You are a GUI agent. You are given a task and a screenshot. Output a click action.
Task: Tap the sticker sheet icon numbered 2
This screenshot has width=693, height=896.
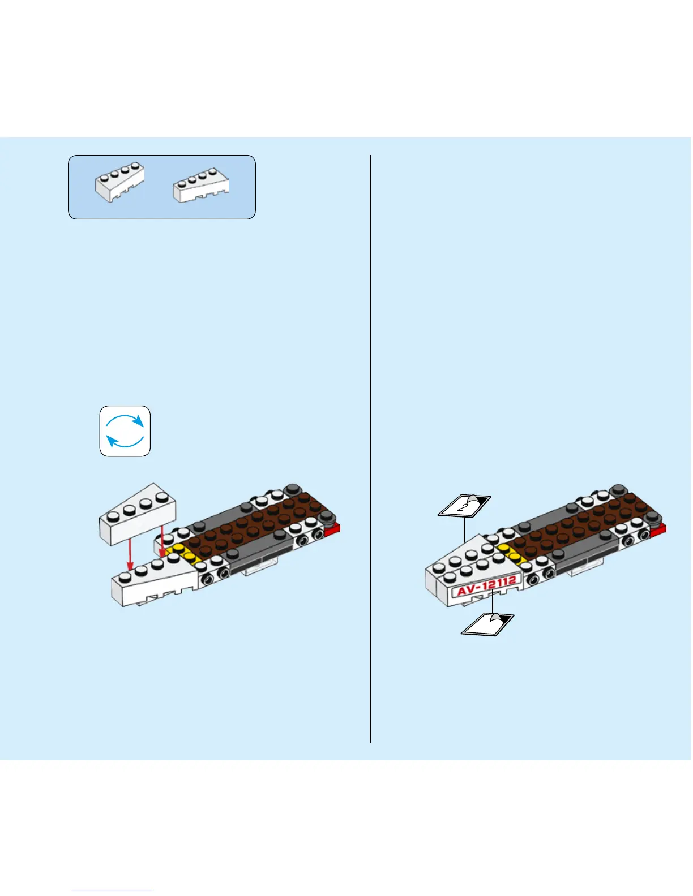click(464, 505)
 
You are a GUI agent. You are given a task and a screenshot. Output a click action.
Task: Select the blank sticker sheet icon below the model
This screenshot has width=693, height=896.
click(487, 624)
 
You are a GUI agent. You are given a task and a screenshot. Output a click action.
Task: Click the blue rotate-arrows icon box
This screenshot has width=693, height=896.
click(125, 431)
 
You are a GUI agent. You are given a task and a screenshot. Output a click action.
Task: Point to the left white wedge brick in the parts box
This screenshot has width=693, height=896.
click(119, 182)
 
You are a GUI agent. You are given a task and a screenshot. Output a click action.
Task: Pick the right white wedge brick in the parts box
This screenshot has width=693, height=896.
click(201, 185)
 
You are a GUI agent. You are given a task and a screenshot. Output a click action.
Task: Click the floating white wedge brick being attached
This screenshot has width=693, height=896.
click(138, 514)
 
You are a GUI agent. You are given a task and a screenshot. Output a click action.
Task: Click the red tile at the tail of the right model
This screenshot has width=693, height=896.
click(658, 529)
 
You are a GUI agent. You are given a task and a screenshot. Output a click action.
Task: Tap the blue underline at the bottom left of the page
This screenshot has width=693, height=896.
click(112, 891)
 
